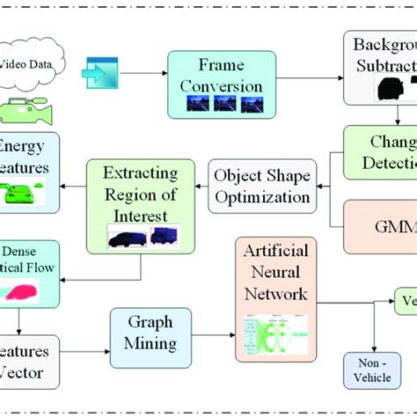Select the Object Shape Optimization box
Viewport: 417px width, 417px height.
tap(261, 186)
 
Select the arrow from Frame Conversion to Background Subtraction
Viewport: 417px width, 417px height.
tap(310, 66)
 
